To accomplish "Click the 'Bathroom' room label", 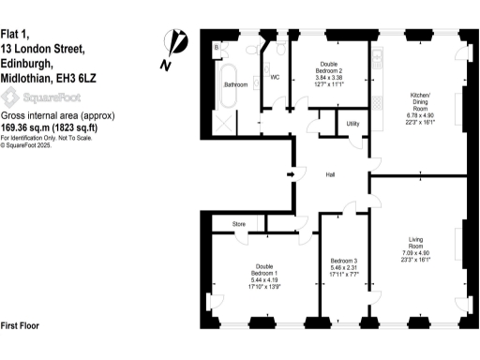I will tap(235, 85).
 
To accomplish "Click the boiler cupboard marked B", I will tap(217, 46).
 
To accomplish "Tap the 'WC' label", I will tap(276, 78).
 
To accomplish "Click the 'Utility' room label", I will tap(353, 123).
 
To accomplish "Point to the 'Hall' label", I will tap(331, 175).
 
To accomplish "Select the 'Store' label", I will tap(240, 223).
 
